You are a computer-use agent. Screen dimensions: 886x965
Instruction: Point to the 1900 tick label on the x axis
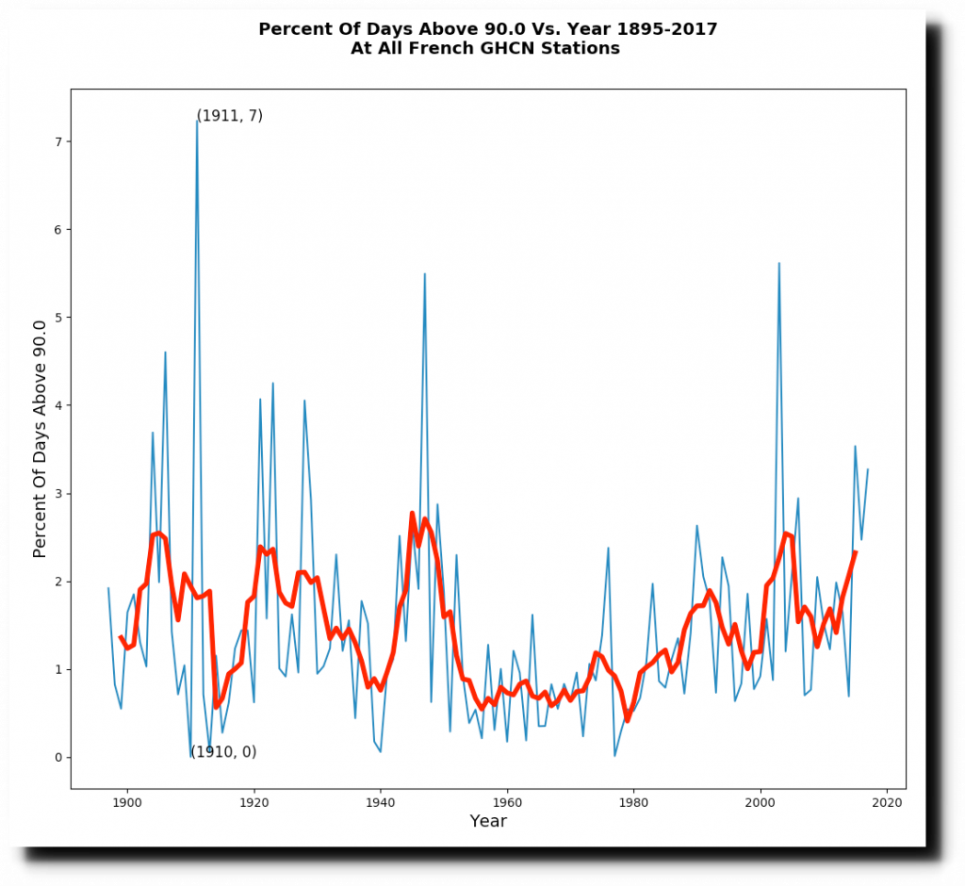click(x=127, y=802)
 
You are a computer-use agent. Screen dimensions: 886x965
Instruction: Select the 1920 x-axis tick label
click(x=254, y=802)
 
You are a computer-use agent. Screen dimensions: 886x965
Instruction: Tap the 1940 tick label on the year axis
click(x=381, y=802)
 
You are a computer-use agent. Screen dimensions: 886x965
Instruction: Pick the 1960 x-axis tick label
click(x=507, y=802)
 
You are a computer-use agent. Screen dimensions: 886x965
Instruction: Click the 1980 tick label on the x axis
click(x=633, y=802)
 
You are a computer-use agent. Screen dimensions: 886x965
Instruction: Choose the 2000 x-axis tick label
click(x=761, y=802)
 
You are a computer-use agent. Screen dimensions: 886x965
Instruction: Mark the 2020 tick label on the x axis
click(x=887, y=802)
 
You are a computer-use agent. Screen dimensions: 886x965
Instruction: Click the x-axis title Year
click(x=488, y=822)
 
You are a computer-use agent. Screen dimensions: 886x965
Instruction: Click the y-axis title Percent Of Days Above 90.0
click(x=40, y=438)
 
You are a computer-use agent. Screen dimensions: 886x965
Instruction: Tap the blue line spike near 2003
click(x=779, y=264)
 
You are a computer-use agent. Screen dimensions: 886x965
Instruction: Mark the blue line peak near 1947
click(x=425, y=274)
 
